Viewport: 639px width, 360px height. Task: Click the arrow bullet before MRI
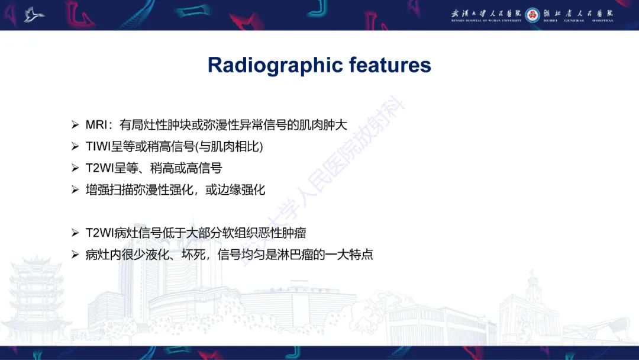[75, 125]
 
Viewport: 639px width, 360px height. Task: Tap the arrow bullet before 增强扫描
[75, 190]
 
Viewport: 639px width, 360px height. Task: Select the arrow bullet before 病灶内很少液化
[75, 255]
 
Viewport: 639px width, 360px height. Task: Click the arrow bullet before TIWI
[75, 146]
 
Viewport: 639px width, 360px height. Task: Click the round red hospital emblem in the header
[532, 14]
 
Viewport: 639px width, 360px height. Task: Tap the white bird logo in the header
[34, 15]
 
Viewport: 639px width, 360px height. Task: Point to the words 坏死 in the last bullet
[189, 255]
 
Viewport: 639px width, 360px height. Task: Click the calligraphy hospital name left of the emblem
[486, 14]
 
